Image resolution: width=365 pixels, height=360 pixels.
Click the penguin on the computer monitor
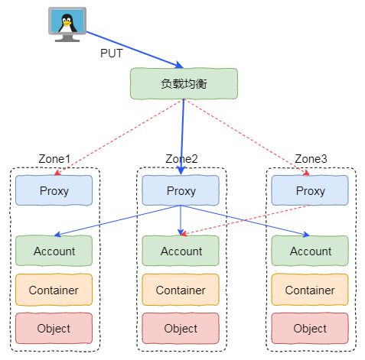tap(67, 24)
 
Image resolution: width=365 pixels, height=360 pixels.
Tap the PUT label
tap(112, 54)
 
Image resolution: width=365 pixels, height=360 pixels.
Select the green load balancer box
tap(184, 83)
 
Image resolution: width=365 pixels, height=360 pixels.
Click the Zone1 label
tap(54, 159)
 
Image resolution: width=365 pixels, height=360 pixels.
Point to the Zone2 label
tap(181, 159)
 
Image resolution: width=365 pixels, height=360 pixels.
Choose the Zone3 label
tap(311, 159)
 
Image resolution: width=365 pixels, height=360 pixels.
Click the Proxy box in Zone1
tap(54, 190)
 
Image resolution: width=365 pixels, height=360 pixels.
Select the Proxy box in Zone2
tap(181, 190)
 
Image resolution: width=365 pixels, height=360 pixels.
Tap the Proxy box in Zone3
tap(310, 190)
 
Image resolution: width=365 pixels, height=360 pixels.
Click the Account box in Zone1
tap(54, 251)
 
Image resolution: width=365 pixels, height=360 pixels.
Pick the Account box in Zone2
tap(181, 251)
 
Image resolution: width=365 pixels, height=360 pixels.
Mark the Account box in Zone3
tap(310, 251)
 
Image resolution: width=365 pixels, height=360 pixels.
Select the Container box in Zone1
tap(54, 290)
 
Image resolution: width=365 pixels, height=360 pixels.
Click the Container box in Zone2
tap(181, 290)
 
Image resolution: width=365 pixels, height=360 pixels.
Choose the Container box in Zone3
tap(310, 290)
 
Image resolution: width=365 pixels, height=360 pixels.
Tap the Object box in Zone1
tap(54, 328)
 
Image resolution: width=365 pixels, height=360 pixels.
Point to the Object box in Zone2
tap(181, 328)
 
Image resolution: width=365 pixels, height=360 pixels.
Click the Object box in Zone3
tap(310, 328)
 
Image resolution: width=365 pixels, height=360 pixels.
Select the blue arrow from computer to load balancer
tap(135, 50)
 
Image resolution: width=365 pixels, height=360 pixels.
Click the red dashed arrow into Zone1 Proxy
tap(119, 137)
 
